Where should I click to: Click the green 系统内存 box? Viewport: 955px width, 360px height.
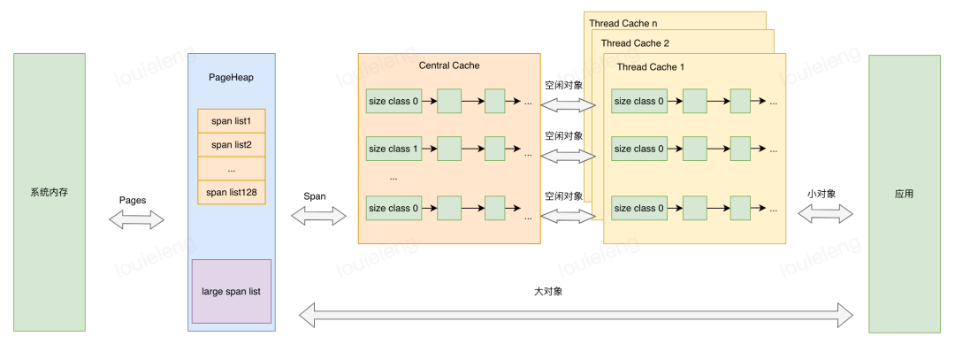click(50, 192)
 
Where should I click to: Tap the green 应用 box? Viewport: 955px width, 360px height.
click(904, 192)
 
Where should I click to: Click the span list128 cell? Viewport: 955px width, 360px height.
click(232, 192)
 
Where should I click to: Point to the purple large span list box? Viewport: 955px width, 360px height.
click(232, 290)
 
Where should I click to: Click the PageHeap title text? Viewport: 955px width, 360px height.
click(231, 78)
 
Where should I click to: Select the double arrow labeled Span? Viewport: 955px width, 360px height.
click(318, 215)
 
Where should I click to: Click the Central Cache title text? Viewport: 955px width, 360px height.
click(448, 65)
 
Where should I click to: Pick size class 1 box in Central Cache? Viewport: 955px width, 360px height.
click(393, 149)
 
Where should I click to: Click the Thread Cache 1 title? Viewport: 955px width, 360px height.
click(650, 67)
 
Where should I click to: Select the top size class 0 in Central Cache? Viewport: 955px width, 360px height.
click(393, 101)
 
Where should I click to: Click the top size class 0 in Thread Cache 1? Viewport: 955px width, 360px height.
click(638, 101)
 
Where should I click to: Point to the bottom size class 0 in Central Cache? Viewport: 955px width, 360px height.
click(393, 208)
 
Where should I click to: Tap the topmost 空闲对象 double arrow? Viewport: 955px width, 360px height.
click(569, 104)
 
